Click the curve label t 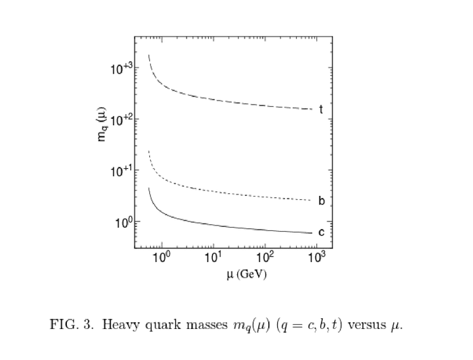tap(321, 109)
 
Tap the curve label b tap(322, 201)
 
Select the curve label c tap(321, 232)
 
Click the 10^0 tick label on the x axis tap(161, 258)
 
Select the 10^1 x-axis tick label tap(213, 258)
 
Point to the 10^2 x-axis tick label tap(265, 258)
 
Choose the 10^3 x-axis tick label tap(317, 258)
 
